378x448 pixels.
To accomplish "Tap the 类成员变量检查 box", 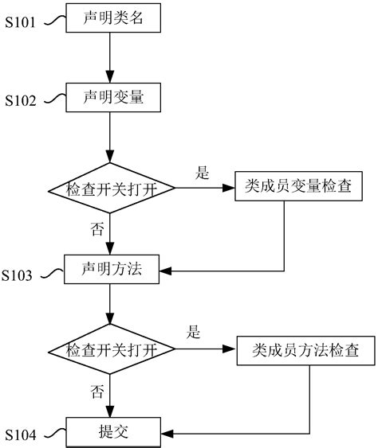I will pos(288,189).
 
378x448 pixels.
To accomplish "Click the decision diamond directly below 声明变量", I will pos(112,189).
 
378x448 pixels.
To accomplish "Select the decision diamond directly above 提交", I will pos(112,350).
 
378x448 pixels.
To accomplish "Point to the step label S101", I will pos(20,23).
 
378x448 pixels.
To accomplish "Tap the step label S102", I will pos(20,102).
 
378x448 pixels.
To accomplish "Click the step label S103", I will pos(18,276).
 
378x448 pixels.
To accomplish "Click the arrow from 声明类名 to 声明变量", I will pos(112,56).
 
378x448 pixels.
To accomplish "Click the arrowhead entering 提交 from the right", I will pos(167,433).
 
